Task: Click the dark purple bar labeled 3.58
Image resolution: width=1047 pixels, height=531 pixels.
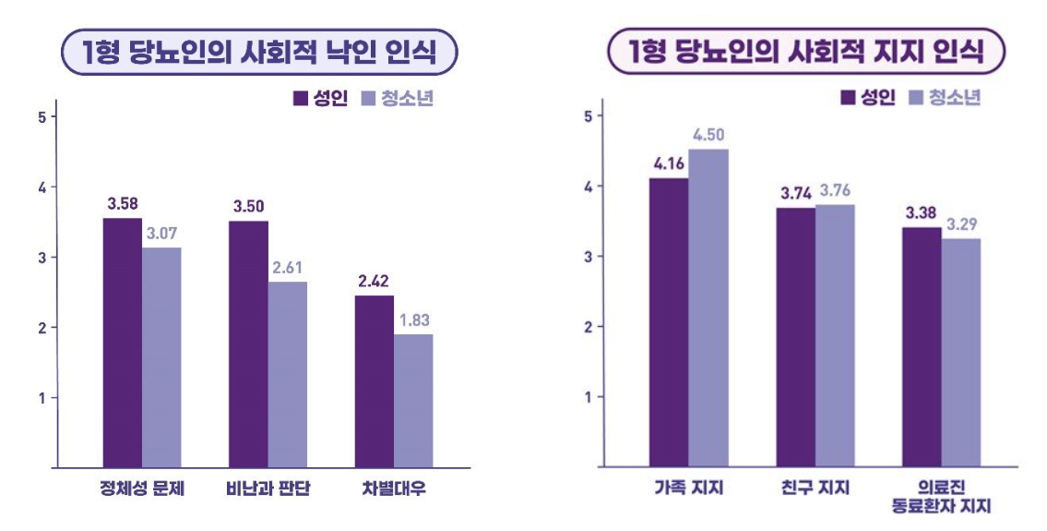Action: tap(122, 343)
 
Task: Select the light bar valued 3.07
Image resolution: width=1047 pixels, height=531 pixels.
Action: tap(161, 357)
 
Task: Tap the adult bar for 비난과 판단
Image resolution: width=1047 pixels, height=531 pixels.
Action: tap(248, 344)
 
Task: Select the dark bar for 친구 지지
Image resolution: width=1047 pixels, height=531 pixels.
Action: tap(795, 337)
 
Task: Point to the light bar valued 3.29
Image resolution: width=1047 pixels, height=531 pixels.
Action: tap(960, 353)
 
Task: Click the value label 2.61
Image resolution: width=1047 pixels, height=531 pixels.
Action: tap(287, 268)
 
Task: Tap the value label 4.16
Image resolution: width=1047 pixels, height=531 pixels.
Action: tap(668, 164)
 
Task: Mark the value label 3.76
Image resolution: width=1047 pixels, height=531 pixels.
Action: tap(834, 191)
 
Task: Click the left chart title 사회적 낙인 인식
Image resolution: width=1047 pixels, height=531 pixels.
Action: tap(260, 53)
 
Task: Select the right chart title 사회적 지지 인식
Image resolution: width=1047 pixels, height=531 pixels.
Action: tap(806, 53)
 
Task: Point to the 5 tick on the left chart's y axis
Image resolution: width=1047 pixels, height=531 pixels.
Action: tap(41, 116)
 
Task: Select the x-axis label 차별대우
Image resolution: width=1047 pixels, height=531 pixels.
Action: tap(394, 489)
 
